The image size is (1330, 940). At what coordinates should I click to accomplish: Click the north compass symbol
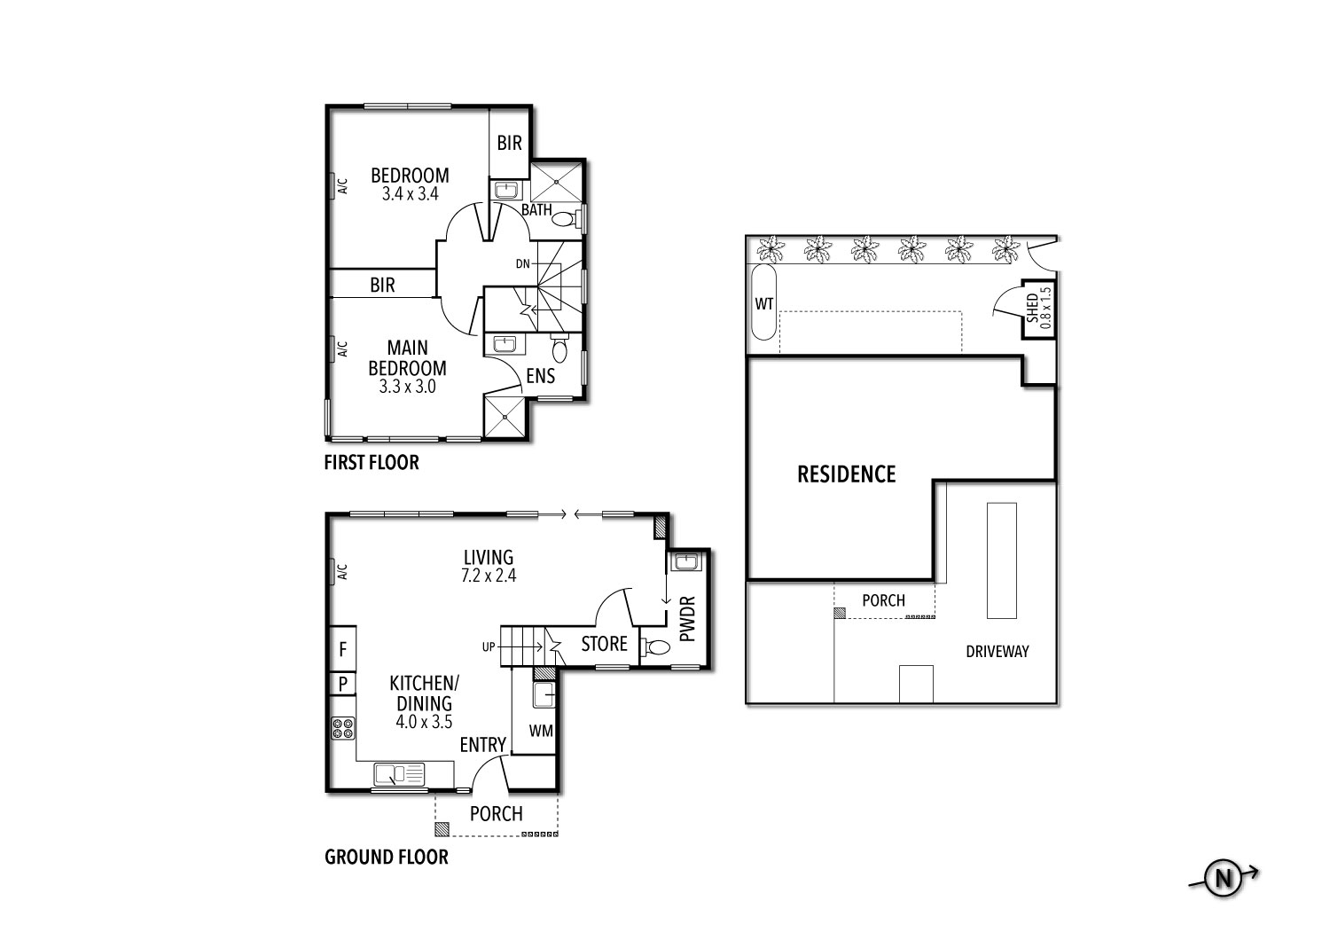point(1224,878)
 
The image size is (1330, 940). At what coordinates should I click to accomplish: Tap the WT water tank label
point(763,303)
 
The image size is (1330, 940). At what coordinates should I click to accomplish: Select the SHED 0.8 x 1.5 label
point(1038,308)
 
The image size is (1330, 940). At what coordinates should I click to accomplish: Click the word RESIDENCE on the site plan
point(846,474)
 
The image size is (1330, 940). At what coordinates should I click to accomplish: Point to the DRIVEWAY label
point(997,651)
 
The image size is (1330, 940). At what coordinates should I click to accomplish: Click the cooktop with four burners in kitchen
point(342,729)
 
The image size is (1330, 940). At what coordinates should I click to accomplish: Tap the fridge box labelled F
point(342,649)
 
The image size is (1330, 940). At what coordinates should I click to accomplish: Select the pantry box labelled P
point(342,684)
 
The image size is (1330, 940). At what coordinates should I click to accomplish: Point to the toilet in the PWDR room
point(657,647)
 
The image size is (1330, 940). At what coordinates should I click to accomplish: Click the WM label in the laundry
point(541,731)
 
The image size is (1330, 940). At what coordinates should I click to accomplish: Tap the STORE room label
point(604,644)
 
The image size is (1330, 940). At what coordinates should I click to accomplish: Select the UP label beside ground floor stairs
point(489,647)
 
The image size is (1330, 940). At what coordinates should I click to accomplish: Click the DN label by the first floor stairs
point(523,263)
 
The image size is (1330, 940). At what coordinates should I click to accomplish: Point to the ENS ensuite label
point(540,376)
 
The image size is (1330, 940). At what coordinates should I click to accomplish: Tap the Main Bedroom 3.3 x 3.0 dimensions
point(408,387)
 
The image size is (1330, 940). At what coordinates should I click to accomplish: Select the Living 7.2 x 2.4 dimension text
point(489,575)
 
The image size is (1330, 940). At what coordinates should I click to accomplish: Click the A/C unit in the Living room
point(341,572)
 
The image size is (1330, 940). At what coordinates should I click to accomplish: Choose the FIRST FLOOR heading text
point(371,462)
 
